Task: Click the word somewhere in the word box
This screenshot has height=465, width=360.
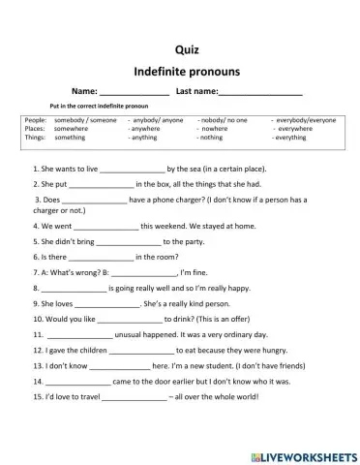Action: pos(72,128)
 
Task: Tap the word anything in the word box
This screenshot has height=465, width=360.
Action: pos(143,138)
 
